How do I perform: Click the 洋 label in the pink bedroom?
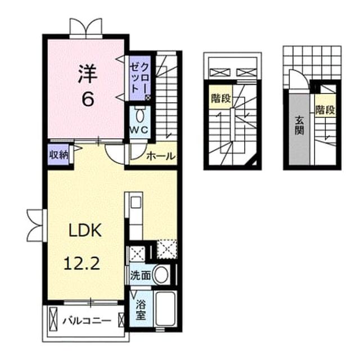[88, 74]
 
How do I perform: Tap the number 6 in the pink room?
[88, 100]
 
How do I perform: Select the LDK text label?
[85, 230]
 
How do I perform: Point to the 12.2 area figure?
[82, 263]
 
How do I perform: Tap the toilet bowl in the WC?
[139, 115]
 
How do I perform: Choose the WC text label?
[139, 130]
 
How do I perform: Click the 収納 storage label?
[59, 155]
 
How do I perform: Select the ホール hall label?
[161, 156]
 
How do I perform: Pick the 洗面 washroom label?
[141, 275]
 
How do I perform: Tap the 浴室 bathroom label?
[141, 310]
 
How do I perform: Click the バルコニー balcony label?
[87, 321]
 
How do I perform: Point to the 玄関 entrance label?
[299, 125]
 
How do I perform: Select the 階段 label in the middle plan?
[221, 98]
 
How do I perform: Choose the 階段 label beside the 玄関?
[325, 110]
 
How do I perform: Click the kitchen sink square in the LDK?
[136, 202]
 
